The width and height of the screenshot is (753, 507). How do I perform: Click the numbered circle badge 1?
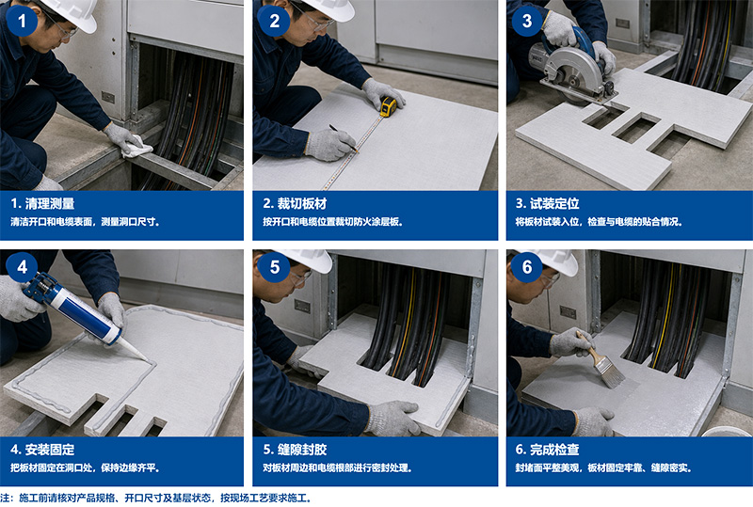tap(22, 20)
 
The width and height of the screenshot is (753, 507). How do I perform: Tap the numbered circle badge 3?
tap(527, 20)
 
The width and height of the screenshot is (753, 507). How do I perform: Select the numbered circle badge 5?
tap(274, 266)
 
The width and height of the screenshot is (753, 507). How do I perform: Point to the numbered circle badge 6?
tap(527, 266)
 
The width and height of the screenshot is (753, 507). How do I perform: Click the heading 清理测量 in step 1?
tap(50, 203)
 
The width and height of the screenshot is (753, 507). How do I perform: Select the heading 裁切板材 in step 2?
tap(301, 203)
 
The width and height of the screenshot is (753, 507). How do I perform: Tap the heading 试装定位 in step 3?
tap(554, 203)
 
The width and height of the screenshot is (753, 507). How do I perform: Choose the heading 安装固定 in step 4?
tap(50, 450)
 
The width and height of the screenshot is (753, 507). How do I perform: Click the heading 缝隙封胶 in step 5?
tap(301, 450)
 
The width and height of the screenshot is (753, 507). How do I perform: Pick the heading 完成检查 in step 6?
tap(554, 450)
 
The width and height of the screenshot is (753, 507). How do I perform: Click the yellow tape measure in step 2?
tap(389, 106)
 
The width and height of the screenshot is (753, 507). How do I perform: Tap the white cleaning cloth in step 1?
tap(136, 148)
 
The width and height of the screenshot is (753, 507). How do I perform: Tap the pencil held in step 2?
tap(344, 138)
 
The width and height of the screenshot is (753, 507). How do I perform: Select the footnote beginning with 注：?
tap(155, 498)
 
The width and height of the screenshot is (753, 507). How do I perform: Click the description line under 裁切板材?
tap(333, 222)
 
